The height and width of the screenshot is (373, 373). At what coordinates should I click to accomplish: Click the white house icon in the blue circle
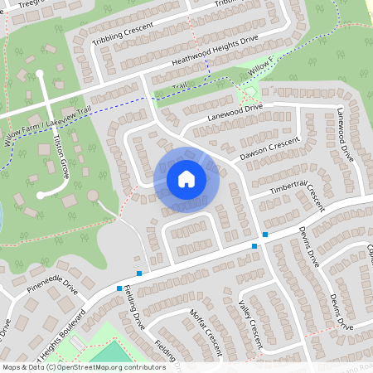click(x=186, y=178)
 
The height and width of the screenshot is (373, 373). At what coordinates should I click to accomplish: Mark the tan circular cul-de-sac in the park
click(x=93, y=196)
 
